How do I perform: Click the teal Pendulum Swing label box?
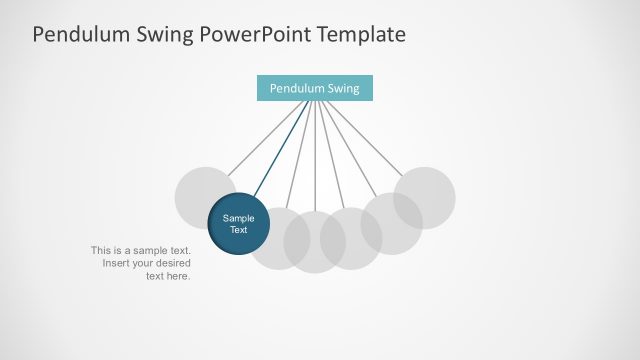tap(314, 88)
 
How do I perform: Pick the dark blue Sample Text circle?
tap(238, 224)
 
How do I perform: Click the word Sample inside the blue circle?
tap(238, 218)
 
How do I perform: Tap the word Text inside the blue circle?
tap(238, 230)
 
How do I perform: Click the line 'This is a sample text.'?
tap(140, 250)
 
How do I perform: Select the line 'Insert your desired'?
tap(146, 263)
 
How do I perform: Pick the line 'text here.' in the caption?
tap(168, 276)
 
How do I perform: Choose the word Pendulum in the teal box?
tap(297, 88)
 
